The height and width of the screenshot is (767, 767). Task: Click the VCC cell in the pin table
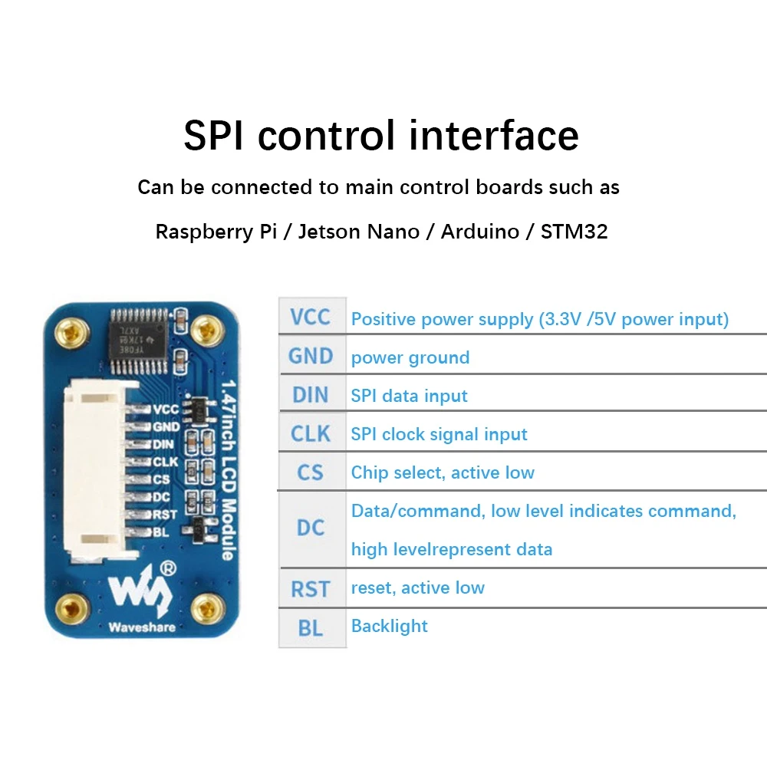pyautogui.click(x=311, y=317)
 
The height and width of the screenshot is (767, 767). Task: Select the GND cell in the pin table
pyautogui.click(x=311, y=356)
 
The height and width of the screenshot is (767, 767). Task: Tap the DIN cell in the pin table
pyautogui.click(x=311, y=394)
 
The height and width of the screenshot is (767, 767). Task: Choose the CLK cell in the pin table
pyautogui.click(x=311, y=433)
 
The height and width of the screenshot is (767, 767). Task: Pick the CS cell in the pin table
pyautogui.click(x=311, y=472)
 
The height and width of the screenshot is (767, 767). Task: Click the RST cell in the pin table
pyautogui.click(x=311, y=588)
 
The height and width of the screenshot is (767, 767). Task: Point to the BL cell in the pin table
pyautogui.click(x=311, y=627)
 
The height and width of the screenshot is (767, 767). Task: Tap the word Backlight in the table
pyautogui.click(x=389, y=626)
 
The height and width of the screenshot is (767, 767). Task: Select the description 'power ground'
pyautogui.click(x=410, y=357)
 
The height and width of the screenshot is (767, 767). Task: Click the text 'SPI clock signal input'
pyautogui.click(x=439, y=434)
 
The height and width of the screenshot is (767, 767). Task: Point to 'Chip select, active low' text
pyautogui.click(x=443, y=472)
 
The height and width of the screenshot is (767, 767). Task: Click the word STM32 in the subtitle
pyautogui.click(x=574, y=232)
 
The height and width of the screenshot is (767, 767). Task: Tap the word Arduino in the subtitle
pyautogui.click(x=479, y=232)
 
